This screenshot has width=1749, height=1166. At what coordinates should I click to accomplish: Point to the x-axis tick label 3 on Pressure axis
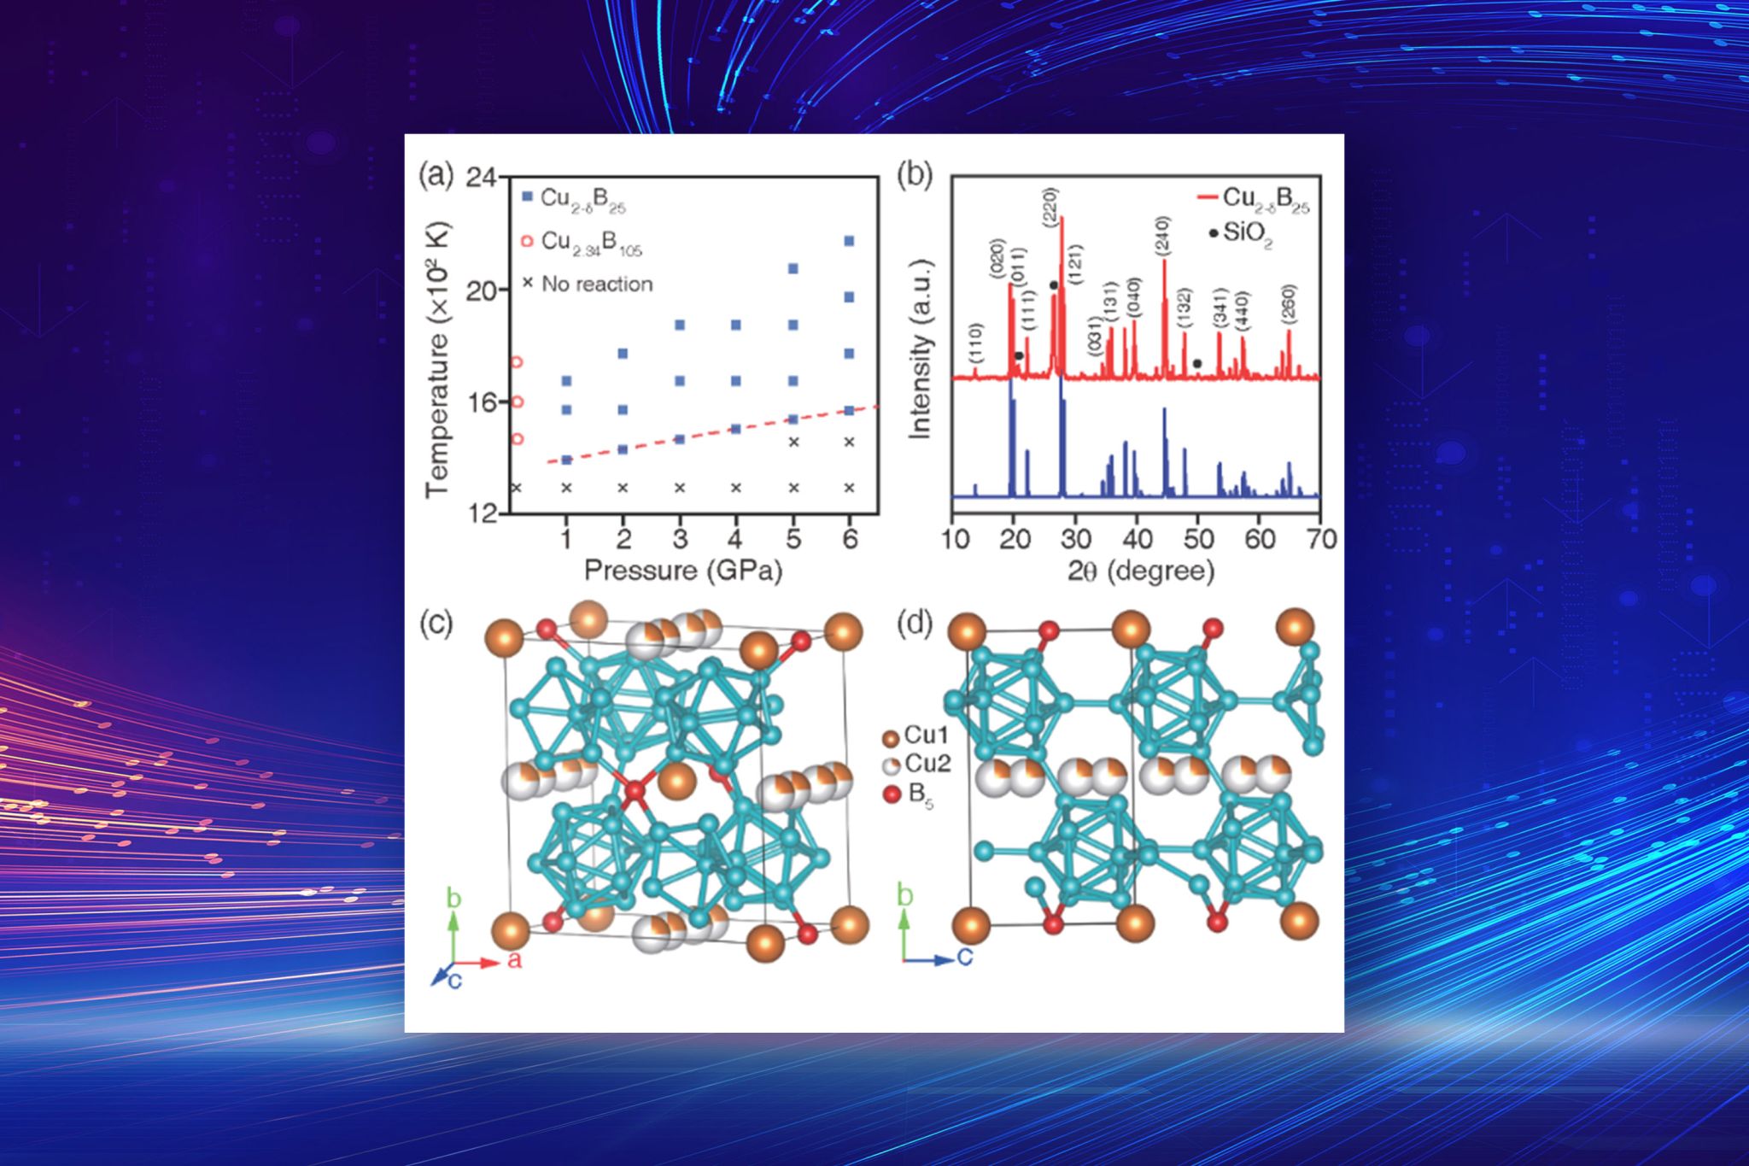pos(680,539)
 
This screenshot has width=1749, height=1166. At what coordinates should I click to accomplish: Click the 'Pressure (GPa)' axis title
pos(682,571)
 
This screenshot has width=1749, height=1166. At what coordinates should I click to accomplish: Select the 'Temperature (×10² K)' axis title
pos(437,359)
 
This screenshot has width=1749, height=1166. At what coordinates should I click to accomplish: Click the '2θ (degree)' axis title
pos(1140,571)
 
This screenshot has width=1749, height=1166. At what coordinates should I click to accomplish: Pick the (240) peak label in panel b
pos(1162,236)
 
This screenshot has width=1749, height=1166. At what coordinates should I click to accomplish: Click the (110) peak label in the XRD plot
pos(976,343)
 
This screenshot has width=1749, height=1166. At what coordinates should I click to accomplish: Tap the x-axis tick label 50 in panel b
pos(1199,539)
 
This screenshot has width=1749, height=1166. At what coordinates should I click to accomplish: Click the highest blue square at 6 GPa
pos(849,241)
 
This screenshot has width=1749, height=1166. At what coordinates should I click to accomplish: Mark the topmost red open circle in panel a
pos(516,362)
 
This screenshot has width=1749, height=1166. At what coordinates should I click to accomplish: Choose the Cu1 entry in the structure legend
pos(925,735)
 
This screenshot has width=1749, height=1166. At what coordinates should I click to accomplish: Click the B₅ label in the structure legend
pos(918,795)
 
